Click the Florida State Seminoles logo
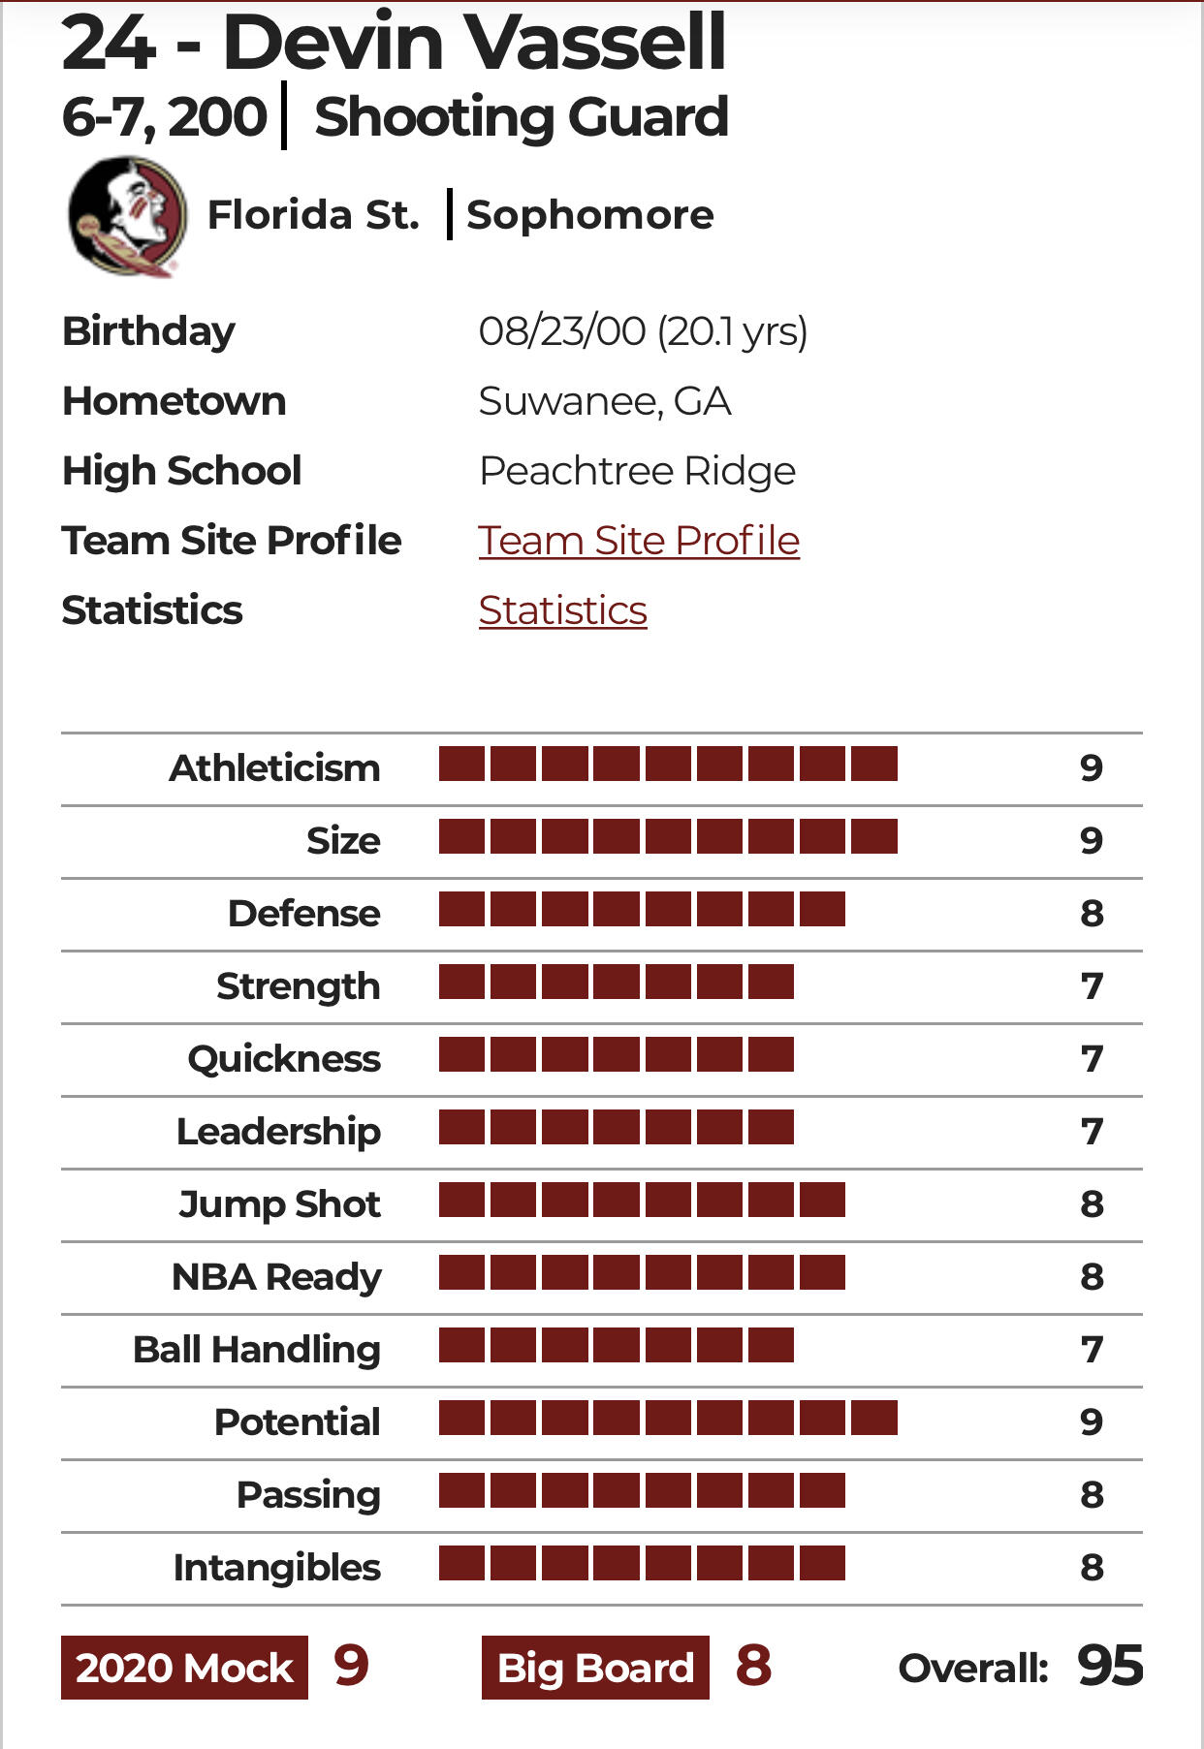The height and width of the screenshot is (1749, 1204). [x=127, y=216]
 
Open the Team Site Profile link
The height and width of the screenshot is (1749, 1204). [x=639, y=541]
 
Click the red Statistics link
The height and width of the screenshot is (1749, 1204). [x=562, y=610]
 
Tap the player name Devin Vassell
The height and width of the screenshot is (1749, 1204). [x=474, y=44]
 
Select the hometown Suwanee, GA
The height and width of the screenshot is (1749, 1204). [x=604, y=401]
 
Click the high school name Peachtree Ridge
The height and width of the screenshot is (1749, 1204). [x=637, y=471]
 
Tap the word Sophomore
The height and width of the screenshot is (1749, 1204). [x=589, y=215]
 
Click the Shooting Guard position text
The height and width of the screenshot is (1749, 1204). [x=521, y=117]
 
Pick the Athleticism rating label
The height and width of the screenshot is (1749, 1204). [x=274, y=768]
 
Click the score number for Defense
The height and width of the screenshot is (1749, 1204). [x=1092, y=913]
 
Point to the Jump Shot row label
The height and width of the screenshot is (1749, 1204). [x=279, y=1204]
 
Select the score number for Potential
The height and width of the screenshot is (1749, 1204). [x=1092, y=1421]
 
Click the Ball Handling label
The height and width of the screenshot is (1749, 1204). [x=257, y=1349]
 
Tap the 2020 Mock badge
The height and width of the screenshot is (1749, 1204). [x=184, y=1668]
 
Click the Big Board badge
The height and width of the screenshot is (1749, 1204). [x=595, y=1668]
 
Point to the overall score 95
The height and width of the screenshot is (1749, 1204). [x=1110, y=1667]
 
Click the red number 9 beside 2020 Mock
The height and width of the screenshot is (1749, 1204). [x=351, y=1666]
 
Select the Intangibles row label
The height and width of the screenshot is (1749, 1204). [x=276, y=1568]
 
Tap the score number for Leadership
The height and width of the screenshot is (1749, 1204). [x=1092, y=1131]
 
